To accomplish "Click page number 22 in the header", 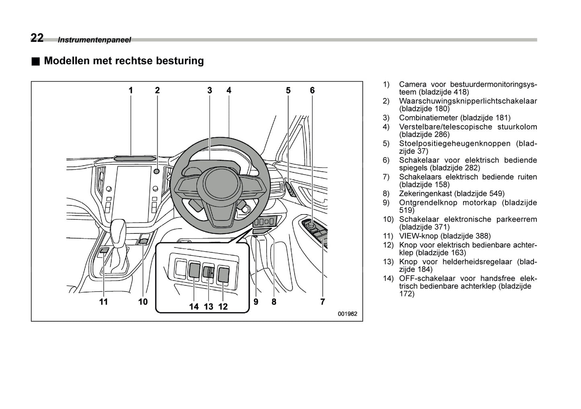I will [37, 38].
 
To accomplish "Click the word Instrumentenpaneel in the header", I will [94, 40].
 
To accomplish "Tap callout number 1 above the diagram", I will [131, 91].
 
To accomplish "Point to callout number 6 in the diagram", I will [312, 91].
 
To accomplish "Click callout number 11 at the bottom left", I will [104, 302].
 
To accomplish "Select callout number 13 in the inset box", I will [208, 307].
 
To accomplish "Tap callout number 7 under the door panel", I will [322, 302].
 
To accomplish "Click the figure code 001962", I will [347, 314].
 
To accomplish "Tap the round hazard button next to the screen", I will [157, 172].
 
